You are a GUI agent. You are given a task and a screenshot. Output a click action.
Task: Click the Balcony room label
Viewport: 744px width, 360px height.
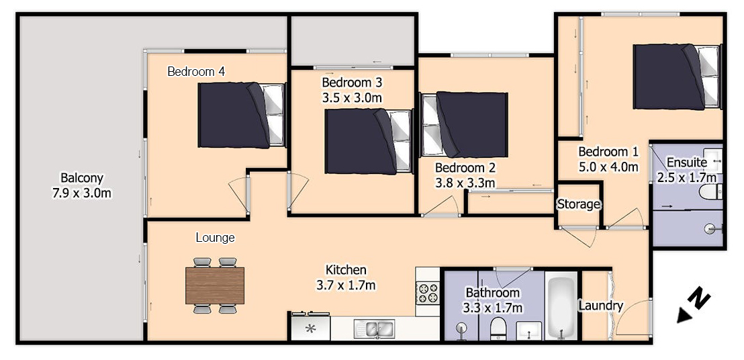[82, 179]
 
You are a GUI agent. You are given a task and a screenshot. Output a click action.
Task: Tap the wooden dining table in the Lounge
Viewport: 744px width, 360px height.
[215, 285]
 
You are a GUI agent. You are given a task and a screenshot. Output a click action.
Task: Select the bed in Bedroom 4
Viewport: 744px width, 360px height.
[242, 115]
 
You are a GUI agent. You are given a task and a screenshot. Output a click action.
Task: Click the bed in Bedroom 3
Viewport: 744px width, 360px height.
[368, 141]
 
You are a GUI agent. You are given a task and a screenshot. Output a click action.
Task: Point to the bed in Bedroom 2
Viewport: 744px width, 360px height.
[464, 124]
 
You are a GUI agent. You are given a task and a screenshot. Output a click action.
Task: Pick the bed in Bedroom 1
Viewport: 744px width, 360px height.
[677, 77]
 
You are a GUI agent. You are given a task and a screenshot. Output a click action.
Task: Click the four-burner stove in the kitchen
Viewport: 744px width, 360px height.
[428, 292]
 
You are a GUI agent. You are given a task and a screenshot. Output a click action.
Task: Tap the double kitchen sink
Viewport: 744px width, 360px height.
[373, 328]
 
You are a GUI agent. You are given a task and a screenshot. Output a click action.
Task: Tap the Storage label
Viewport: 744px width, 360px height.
[578, 204]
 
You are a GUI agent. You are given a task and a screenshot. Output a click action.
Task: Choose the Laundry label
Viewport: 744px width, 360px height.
[600, 306]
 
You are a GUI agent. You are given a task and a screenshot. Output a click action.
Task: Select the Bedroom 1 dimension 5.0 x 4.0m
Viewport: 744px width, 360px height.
[608, 167]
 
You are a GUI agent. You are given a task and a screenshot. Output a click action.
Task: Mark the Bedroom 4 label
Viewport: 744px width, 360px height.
[196, 72]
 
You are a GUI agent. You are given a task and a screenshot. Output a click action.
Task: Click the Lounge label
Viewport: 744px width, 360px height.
[216, 237]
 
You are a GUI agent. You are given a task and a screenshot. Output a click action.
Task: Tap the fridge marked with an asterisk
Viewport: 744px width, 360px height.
[311, 328]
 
